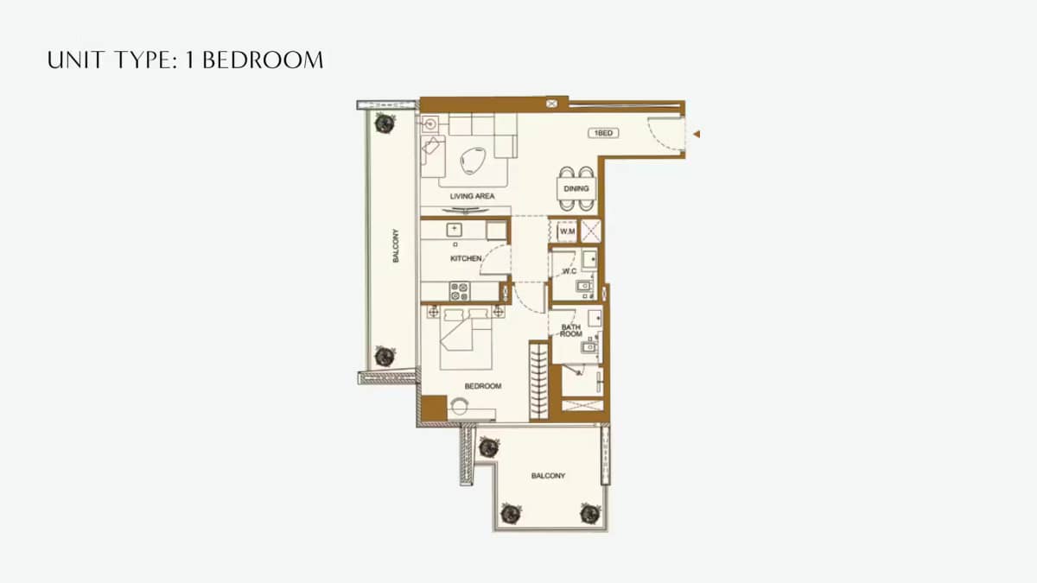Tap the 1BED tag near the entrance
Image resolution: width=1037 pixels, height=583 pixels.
point(602,133)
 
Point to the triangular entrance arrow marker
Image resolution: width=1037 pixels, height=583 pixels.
point(696,134)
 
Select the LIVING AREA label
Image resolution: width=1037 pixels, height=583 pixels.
point(472,197)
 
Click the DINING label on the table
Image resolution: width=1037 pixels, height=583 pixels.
point(576,188)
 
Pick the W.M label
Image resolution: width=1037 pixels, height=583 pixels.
point(567,231)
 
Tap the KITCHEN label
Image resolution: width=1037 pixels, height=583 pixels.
point(466,258)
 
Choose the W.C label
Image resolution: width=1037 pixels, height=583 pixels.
point(569,271)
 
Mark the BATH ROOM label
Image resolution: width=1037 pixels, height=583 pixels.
point(571,330)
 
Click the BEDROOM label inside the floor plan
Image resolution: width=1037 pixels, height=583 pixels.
point(483,386)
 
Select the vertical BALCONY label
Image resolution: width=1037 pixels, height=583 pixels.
point(397,245)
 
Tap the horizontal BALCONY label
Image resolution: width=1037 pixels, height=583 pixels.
point(548,476)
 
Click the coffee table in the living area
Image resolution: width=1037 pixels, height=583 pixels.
point(473,160)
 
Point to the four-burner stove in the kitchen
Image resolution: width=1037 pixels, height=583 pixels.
point(459,291)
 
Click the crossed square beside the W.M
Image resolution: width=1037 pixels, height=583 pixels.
point(591,231)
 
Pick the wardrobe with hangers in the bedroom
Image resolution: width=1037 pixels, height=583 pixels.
point(538,380)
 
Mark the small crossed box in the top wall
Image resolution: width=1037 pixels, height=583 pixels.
point(552,104)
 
